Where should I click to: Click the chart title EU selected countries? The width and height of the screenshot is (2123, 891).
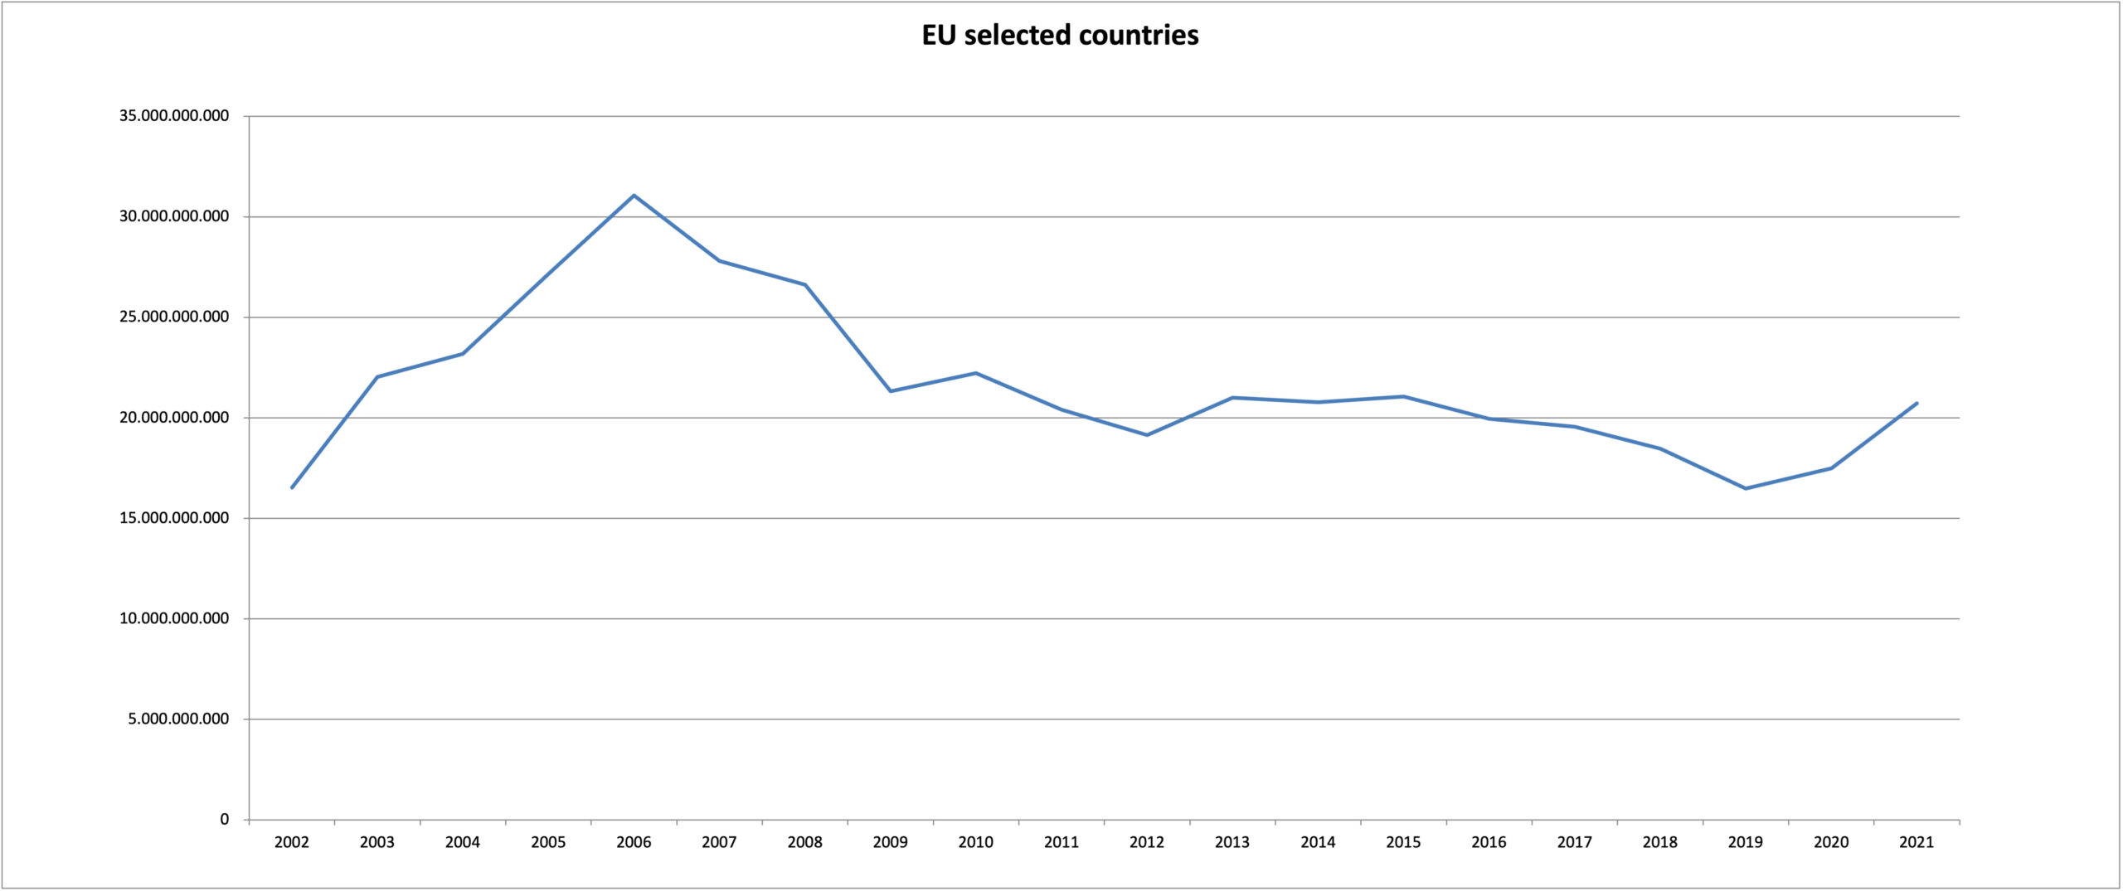pyautogui.click(x=1060, y=35)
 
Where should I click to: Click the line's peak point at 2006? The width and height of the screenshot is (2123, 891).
pyautogui.click(x=634, y=196)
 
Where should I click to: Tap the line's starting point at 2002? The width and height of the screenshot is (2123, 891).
pyautogui.click(x=292, y=487)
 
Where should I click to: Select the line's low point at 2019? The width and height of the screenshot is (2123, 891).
pyautogui.click(x=1746, y=488)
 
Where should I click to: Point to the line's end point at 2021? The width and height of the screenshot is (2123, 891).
pyautogui.click(x=1917, y=404)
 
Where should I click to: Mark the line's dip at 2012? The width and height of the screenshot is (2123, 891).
pyautogui.click(x=1147, y=435)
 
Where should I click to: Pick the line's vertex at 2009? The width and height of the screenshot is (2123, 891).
pyautogui.click(x=891, y=391)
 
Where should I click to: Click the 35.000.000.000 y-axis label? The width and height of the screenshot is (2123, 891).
pyautogui.click(x=174, y=116)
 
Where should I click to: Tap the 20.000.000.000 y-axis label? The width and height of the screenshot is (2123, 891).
pyautogui.click(x=174, y=418)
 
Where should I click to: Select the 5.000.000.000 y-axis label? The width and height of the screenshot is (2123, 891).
pyautogui.click(x=178, y=719)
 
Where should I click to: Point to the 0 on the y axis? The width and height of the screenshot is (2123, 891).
pyautogui.click(x=224, y=820)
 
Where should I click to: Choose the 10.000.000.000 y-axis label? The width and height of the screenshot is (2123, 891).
pyautogui.click(x=174, y=618)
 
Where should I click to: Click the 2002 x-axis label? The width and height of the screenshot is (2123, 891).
pyautogui.click(x=292, y=843)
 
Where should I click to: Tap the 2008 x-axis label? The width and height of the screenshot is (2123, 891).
pyautogui.click(x=804, y=843)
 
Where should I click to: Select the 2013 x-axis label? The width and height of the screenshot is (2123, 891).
pyautogui.click(x=1232, y=843)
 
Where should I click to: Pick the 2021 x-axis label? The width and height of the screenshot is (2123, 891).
pyautogui.click(x=1917, y=843)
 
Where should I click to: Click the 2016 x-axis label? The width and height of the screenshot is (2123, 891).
pyautogui.click(x=1489, y=843)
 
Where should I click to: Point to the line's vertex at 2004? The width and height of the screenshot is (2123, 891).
pyautogui.click(x=463, y=354)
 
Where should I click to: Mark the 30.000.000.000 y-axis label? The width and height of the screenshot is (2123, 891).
pyautogui.click(x=174, y=216)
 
